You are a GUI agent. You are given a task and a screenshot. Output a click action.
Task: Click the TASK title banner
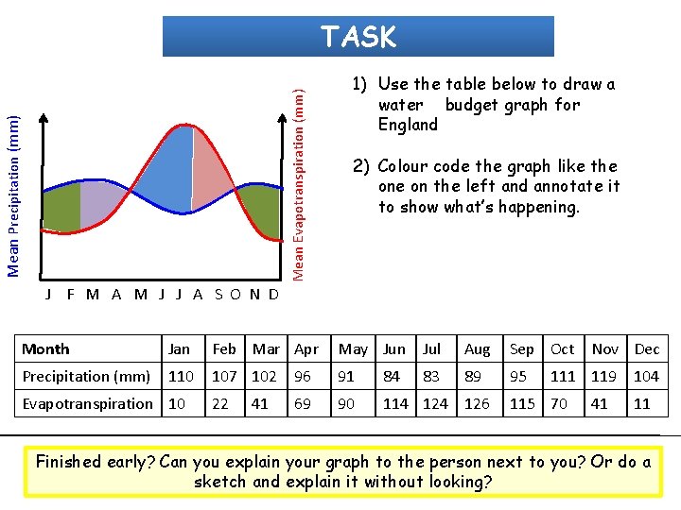pos(358,37)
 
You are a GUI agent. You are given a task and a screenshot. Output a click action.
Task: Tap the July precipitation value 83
pos(432,376)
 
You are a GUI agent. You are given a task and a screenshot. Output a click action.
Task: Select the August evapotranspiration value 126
pos(477,403)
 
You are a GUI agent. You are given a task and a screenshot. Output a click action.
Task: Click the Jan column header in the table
pos(179,348)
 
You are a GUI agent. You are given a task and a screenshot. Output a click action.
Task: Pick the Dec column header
pos(647,348)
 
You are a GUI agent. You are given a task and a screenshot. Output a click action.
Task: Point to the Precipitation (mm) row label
pos(86,376)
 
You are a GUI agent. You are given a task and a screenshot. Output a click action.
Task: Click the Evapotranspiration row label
pos(87,403)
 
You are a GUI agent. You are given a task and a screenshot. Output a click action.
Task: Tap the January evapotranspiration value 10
pos(177,403)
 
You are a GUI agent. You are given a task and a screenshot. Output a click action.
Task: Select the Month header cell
pos(46,348)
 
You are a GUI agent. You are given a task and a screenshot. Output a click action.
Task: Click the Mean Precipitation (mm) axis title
pos(14,195)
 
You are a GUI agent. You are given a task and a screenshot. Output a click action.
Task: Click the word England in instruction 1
pos(408,125)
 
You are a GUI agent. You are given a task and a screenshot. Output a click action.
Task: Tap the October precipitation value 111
pos(563,376)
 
